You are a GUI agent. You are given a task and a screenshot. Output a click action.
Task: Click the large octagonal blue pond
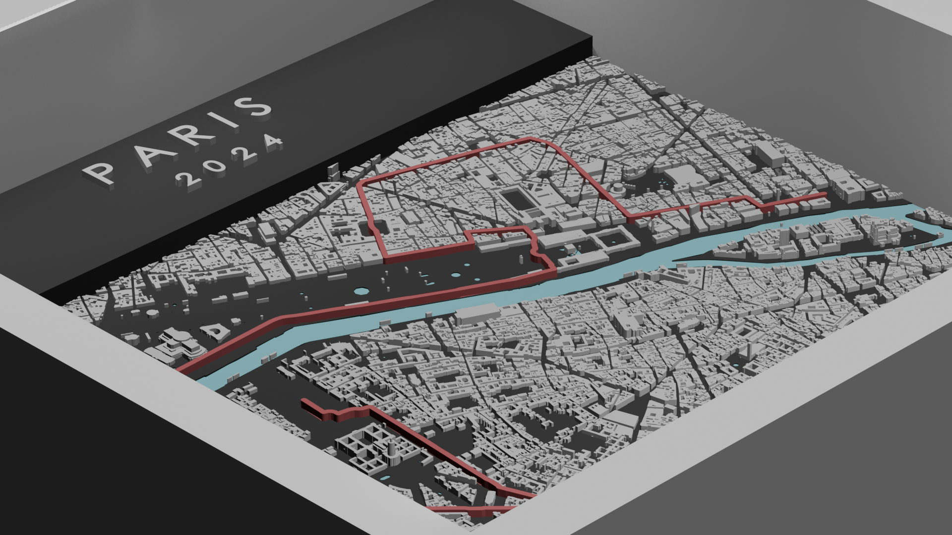[360, 291]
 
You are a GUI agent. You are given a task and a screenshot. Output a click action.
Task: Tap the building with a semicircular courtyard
[215, 331]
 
